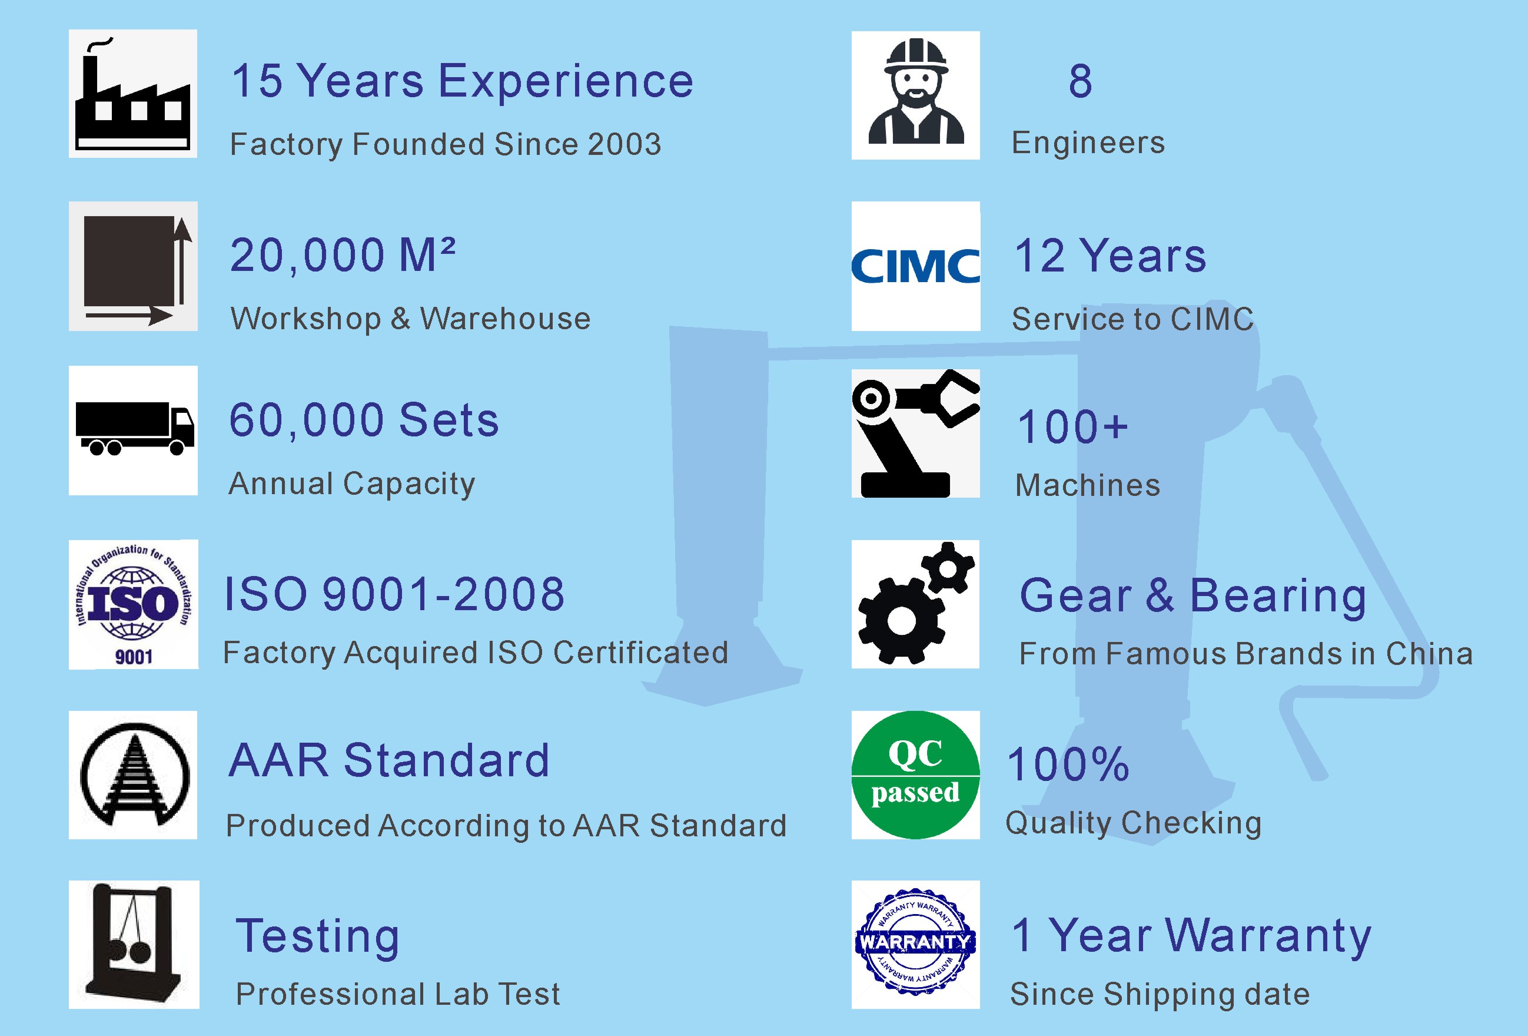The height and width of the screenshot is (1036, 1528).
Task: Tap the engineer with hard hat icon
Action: [916, 92]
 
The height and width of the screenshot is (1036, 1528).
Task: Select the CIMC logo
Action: [916, 266]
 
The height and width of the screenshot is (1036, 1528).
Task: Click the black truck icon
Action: [135, 428]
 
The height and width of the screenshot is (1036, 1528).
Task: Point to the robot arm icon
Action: [916, 433]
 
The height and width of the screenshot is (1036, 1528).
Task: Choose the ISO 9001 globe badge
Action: [134, 604]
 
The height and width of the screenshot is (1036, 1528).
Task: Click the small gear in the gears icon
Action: [948, 568]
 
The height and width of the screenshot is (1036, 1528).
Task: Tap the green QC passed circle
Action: [915, 775]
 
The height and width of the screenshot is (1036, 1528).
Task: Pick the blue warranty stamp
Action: [915, 942]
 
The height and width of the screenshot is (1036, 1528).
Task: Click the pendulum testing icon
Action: [134, 941]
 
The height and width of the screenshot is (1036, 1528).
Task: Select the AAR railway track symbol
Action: [134, 775]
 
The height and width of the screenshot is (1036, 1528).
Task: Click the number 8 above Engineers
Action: [1080, 81]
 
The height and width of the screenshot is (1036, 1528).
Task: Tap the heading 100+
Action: [1072, 427]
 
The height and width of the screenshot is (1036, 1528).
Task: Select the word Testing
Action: [318, 936]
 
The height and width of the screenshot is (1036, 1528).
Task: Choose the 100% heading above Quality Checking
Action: [1068, 764]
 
